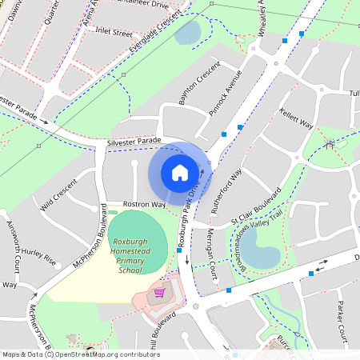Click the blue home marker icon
point(180,172)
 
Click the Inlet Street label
point(114,33)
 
